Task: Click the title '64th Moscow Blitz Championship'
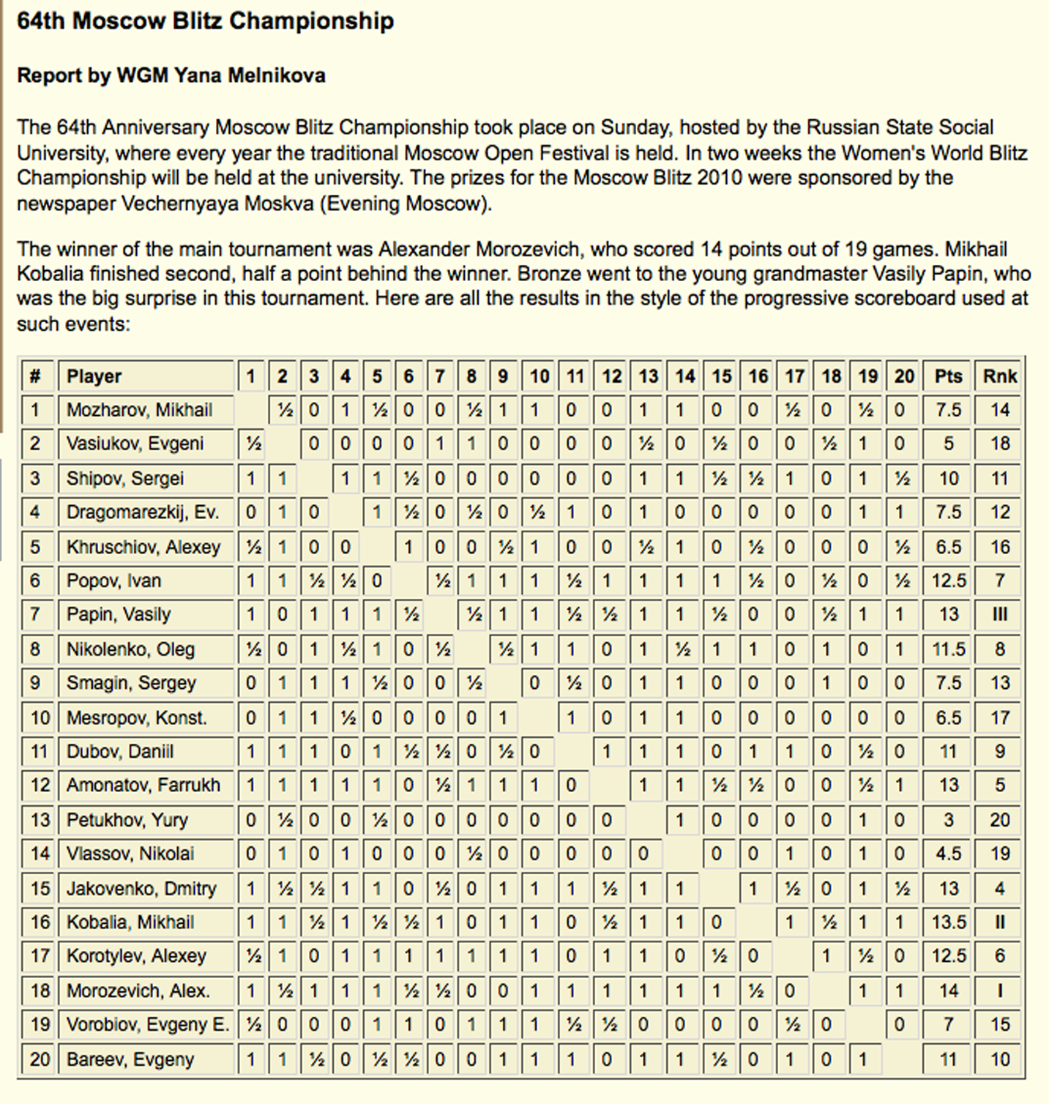coord(205,21)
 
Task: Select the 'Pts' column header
coord(948,376)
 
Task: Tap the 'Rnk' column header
coord(999,376)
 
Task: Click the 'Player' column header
coord(94,376)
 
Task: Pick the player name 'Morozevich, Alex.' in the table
coord(138,991)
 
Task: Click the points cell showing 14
coord(948,991)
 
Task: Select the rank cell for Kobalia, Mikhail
coord(999,922)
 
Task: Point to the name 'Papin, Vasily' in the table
coord(119,614)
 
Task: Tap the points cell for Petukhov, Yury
coord(948,820)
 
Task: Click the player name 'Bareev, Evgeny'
coord(130,1059)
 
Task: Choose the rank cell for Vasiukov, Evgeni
coord(999,444)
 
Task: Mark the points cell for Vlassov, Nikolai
coord(948,854)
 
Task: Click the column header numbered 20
coord(904,376)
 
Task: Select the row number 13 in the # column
coord(40,820)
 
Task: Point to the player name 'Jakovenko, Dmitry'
coord(141,889)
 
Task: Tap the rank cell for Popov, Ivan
coord(999,581)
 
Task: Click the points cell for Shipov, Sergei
coord(948,479)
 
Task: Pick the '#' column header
coord(35,376)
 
